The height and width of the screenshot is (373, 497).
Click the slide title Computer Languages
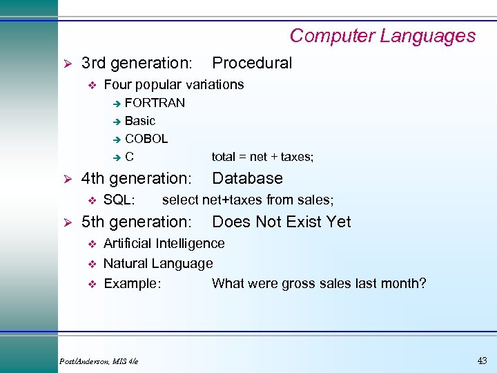(x=382, y=36)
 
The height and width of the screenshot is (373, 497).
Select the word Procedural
(x=252, y=63)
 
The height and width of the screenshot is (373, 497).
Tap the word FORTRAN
(x=155, y=103)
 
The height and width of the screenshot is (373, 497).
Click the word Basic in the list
(x=140, y=121)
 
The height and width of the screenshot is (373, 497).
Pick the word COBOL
(x=146, y=139)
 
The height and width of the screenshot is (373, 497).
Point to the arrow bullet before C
(x=117, y=157)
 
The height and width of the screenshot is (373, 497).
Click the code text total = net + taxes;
(x=262, y=157)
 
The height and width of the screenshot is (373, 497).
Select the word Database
(x=247, y=178)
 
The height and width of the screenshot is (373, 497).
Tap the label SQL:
(x=119, y=200)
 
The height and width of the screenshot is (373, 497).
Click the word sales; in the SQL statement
(x=316, y=200)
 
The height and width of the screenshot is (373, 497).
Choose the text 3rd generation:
(x=137, y=63)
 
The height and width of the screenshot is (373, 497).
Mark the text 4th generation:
(x=136, y=178)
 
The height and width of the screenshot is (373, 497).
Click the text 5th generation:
(x=136, y=222)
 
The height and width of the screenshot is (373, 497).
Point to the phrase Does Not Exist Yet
(x=281, y=222)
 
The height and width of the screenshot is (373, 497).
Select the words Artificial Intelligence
(x=164, y=243)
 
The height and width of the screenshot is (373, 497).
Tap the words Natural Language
(x=158, y=263)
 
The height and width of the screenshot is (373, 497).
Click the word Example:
(x=132, y=283)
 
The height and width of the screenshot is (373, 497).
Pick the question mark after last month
(x=422, y=283)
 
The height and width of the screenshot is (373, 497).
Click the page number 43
(x=482, y=360)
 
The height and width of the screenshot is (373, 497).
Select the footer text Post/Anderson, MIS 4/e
(x=99, y=361)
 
